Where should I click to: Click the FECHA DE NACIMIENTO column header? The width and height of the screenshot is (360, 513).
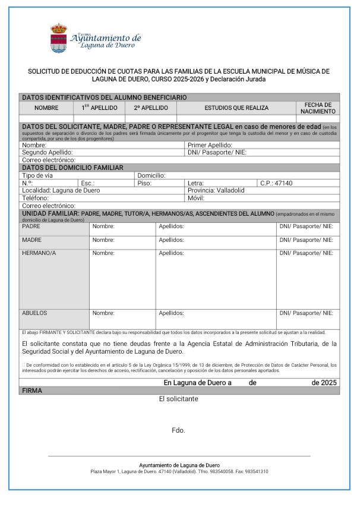pyautogui.click(x=318, y=108)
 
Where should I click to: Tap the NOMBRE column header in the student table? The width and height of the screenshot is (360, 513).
pyautogui.click(x=46, y=108)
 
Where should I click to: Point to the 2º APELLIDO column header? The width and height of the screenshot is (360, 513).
pyautogui.click(x=151, y=108)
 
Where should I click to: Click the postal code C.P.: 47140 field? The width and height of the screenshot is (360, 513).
pyautogui.click(x=276, y=183)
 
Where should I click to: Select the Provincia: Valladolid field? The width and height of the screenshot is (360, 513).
pyautogui.click(x=215, y=190)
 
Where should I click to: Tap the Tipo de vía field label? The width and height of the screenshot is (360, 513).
pyautogui.click(x=37, y=176)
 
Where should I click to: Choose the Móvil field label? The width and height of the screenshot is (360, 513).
pyautogui.click(x=197, y=198)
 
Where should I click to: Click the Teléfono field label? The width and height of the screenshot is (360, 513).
pyautogui.click(x=36, y=198)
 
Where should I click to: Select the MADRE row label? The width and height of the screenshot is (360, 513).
pyautogui.click(x=32, y=240)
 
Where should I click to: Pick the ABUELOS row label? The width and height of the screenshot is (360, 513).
pyautogui.click(x=34, y=312)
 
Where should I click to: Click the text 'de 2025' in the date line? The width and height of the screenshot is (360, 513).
pyautogui.click(x=324, y=383)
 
